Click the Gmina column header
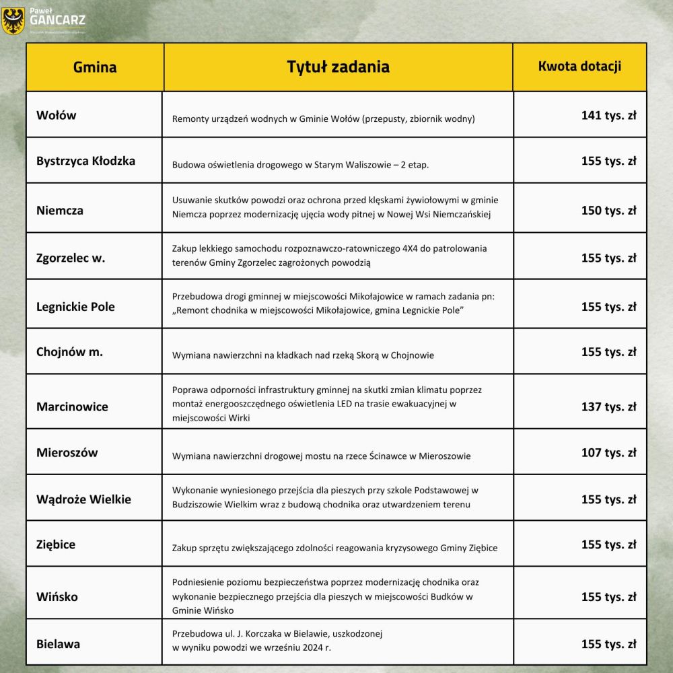95,67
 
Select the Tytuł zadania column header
338,67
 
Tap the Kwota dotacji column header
579,67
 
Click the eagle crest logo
13,21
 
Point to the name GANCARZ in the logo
57,20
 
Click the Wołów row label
57,115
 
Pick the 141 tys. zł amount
608,115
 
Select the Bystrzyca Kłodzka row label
85,161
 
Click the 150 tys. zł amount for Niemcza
608,210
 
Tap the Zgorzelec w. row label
71,258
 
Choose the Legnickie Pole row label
75,306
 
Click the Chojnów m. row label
69,352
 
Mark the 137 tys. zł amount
608,406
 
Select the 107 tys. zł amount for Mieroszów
608,452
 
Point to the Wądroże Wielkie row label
83,499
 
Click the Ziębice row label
56,544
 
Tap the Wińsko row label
57,597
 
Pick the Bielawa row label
58,644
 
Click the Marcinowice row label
72,406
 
